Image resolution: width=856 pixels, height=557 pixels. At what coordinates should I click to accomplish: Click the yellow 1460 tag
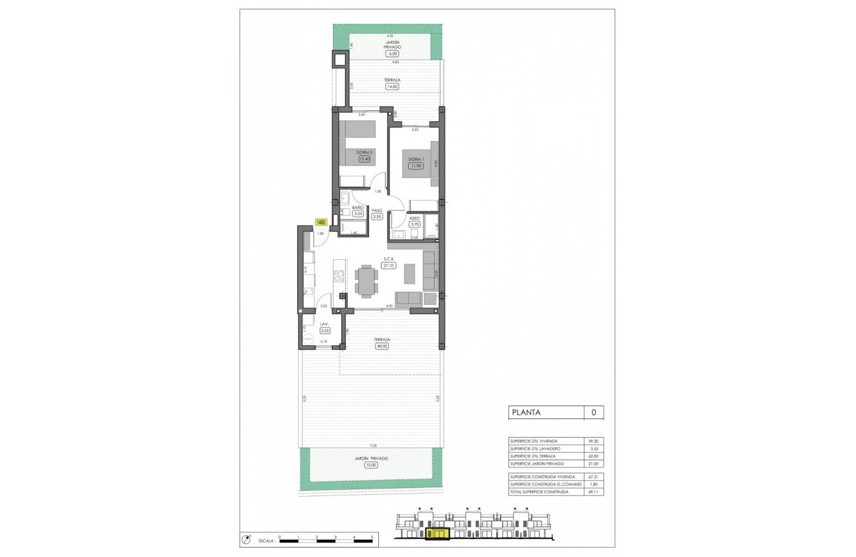[x=321, y=222]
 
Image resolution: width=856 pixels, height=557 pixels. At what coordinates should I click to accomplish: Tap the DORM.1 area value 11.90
[x=416, y=166]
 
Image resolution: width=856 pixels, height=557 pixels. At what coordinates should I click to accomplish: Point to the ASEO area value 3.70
[x=415, y=225]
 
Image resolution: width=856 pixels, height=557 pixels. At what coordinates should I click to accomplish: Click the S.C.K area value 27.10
[x=388, y=265]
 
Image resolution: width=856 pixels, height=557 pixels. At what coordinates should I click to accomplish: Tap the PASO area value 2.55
[x=377, y=216]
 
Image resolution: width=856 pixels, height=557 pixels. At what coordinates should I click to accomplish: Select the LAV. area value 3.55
[x=325, y=330]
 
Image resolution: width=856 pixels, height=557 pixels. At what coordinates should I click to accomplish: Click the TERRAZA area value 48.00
[x=381, y=345]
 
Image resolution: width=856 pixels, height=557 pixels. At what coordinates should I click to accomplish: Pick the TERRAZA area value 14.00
[x=392, y=86]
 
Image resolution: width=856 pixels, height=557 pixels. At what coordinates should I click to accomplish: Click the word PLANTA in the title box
[x=526, y=412]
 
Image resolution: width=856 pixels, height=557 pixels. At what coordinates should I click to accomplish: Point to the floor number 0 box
[x=593, y=412]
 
